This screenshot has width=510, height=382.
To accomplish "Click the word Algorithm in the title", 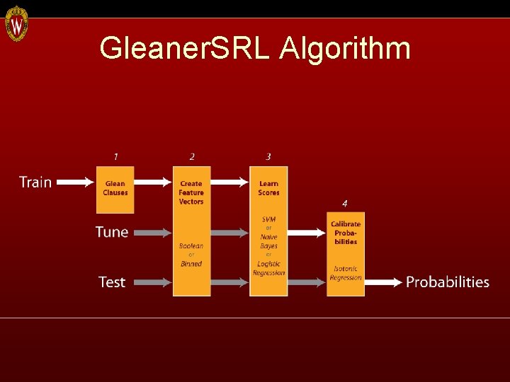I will click(345, 48).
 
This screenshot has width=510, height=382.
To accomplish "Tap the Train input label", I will click(35, 183).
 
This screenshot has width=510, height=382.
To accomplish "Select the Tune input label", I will click(112, 232).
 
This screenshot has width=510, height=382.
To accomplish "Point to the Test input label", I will click(112, 282).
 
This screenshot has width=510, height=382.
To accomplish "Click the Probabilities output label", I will click(448, 282).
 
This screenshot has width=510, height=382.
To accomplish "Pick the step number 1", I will click(115, 156).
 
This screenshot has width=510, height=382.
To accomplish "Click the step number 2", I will click(192, 156).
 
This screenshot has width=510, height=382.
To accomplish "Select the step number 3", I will click(268, 156).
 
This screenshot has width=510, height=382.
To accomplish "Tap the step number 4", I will click(345, 203).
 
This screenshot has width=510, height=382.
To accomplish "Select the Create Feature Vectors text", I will click(191, 192).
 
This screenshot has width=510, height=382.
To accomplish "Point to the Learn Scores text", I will click(268, 188).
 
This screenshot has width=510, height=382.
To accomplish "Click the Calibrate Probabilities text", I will click(346, 233).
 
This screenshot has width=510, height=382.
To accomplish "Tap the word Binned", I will click(191, 264).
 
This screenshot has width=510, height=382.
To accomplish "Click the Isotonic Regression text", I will click(346, 273).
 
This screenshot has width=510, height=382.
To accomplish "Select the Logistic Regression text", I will click(268, 268).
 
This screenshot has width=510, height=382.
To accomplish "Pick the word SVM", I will click(268, 219).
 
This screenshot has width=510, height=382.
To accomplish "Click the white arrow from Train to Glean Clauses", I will click(75, 183).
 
